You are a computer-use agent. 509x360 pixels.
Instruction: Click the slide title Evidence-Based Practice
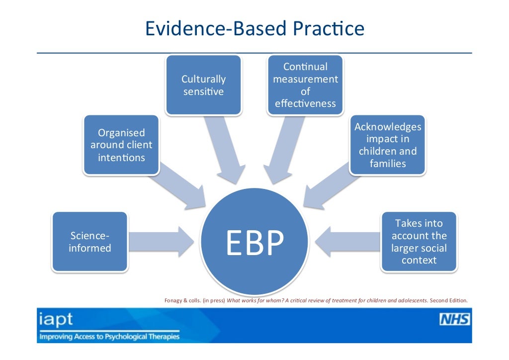254,28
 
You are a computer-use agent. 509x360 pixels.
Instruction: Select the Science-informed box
89,242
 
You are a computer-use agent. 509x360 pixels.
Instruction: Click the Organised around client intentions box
121,145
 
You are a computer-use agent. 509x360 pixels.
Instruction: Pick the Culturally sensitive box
203,85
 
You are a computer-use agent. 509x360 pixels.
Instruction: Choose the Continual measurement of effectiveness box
305,85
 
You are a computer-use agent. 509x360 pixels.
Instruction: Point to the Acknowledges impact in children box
387,145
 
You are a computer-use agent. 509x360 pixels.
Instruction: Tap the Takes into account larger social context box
419,242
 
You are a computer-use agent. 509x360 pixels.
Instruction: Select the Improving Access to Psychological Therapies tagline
109,337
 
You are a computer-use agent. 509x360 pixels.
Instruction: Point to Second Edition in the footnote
448,300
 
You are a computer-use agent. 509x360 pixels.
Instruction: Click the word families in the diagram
388,163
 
